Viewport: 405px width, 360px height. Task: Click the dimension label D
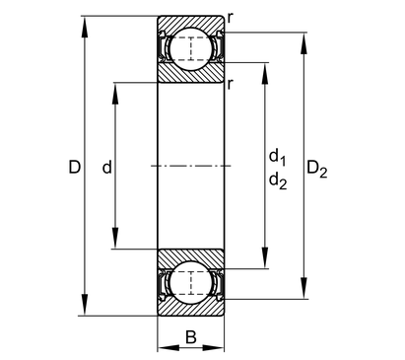(75, 167)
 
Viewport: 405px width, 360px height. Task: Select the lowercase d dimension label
(107, 167)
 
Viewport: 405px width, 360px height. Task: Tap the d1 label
(278, 157)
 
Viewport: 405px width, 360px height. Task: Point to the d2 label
(278, 181)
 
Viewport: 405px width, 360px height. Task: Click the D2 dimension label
(317, 169)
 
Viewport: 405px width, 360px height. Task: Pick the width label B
(191, 337)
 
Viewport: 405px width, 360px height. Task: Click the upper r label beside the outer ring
(231, 18)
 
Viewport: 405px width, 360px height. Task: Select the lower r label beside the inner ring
(230, 84)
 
